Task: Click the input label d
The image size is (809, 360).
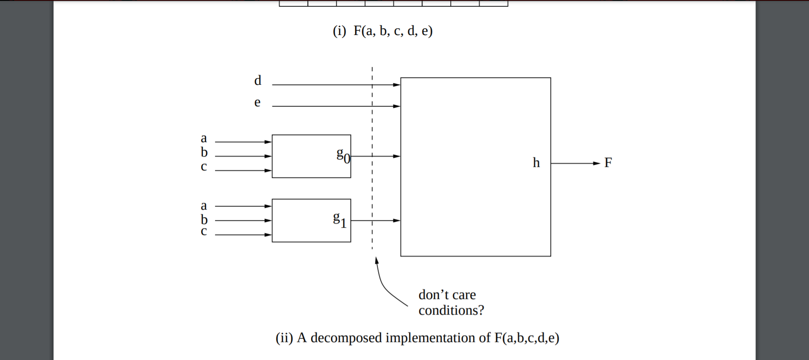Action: click(258, 80)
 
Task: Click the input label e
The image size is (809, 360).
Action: click(257, 102)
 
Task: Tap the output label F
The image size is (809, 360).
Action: click(608, 163)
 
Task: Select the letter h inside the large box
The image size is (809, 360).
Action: click(536, 163)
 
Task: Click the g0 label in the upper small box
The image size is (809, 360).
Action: click(343, 155)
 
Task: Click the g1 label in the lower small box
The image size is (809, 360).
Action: click(340, 219)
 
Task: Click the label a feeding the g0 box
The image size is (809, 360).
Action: click(204, 138)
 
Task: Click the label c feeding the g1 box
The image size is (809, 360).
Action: click(204, 231)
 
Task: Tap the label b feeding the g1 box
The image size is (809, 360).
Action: click(204, 220)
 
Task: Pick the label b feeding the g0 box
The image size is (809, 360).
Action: click(204, 152)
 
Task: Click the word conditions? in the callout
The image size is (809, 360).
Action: click(451, 311)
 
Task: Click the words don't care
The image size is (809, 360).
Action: click(447, 295)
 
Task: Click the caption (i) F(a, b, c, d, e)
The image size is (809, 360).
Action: click(382, 31)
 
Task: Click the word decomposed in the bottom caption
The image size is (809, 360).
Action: click(346, 338)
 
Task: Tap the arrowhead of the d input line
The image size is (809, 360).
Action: click(396, 85)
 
